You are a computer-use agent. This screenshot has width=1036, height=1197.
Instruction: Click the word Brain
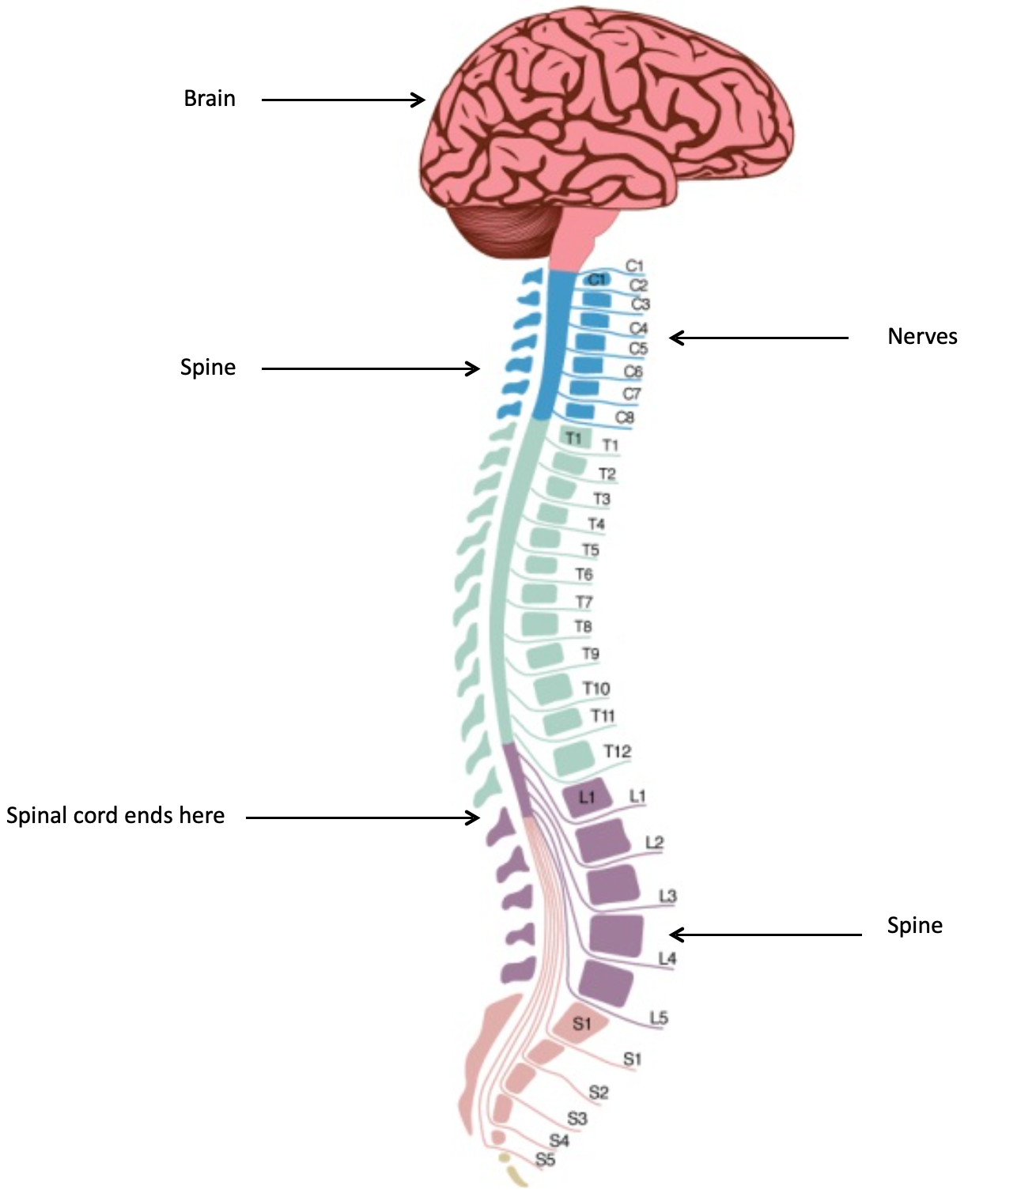(x=210, y=99)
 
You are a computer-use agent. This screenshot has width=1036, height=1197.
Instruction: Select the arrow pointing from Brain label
(x=343, y=100)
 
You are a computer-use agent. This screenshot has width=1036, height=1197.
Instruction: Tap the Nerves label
(x=922, y=337)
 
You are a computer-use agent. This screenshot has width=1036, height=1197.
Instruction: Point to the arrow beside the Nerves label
(x=758, y=338)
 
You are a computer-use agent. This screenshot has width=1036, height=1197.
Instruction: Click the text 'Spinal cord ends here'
(x=115, y=816)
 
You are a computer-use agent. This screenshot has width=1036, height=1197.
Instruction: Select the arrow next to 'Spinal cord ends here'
(x=363, y=818)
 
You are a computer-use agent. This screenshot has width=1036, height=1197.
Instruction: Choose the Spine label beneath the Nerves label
(x=914, y=926)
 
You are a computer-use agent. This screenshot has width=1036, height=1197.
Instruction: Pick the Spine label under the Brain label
(x=208, y=368)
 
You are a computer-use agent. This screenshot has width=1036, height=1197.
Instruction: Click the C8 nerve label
(x=625, y=417)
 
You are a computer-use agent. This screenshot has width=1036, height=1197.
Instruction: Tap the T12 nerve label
(x=618, y=751)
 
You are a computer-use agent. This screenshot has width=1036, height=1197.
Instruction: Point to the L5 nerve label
(x=659, y=1018)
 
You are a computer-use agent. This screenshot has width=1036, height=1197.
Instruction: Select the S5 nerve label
(x=546, y=1160)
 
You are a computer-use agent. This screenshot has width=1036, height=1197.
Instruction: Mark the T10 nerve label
(x=596, y=689)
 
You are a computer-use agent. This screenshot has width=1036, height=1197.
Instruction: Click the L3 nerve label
(x=668, y=896)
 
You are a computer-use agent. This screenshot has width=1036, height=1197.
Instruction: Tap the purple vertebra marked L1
(x=586, y=798)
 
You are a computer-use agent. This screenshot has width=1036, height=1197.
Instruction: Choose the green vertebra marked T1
(x=573, y=437)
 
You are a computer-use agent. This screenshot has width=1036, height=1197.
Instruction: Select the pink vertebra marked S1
(x=581, y=1024)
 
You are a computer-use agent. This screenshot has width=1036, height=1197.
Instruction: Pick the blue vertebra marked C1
(x=596, y=279)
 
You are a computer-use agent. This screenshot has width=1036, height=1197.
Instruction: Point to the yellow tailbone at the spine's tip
(x=512, y=1171)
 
